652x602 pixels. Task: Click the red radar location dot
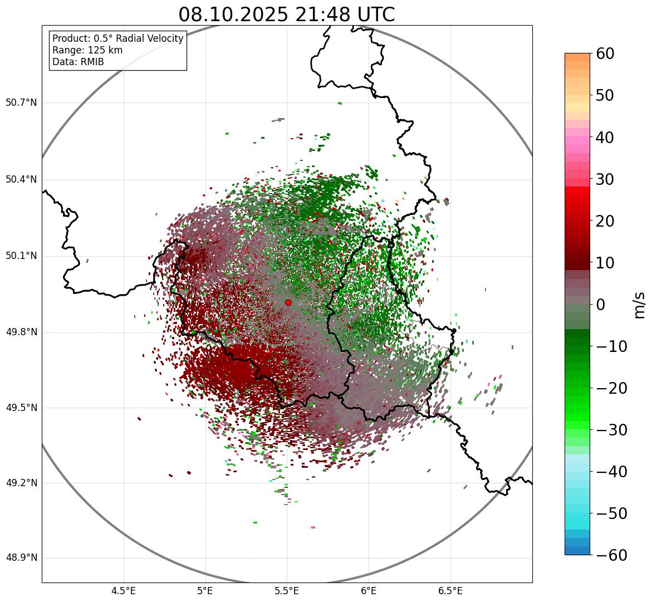pyautogui.click(x=288, y=302)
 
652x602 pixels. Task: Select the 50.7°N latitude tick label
pyautogui.click(x=21, y=102)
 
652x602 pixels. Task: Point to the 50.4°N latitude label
pyautogui.click(x=21, y=179)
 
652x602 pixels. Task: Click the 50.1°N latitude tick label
pyautogui.click(x=21, y=256)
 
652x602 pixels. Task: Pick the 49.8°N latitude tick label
pyautogui.click(x=21, y=332)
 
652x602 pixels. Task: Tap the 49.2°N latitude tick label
pyautogui.click(x=21, y=483)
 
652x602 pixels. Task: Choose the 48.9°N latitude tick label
pyautogui.click(x=21, y=558)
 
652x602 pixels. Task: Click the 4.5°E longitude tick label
pyautogui.click(x=124, y=591)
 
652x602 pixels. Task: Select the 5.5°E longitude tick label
pyautogui.click(x=287, y=591)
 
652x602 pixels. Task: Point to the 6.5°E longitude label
pyautogui.click(x=450, y=591)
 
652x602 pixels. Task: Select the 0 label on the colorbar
pyautogui.click(x=601, y=305)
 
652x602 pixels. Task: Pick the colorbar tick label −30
pyautogui.click(x=611, y=430)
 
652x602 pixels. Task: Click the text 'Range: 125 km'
pyautogui.click(x=87, y=50)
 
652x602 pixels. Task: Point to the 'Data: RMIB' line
pyautogui.click(x=78, y=62)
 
